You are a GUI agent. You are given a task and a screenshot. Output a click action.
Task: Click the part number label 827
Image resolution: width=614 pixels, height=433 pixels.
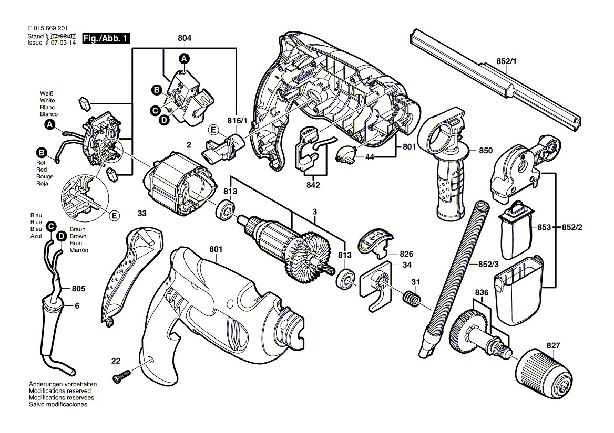pyautogui.click(x=553, y=345)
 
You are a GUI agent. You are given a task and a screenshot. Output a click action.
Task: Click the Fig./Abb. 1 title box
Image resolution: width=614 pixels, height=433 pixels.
pyautogui.click(x=106, y=38)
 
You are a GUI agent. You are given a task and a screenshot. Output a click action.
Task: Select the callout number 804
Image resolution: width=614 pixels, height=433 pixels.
pyautogui.click(x=185, y=38)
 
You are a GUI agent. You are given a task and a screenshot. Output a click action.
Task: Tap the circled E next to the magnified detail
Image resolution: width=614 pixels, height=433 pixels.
pyautogui.click(x=114, y=216)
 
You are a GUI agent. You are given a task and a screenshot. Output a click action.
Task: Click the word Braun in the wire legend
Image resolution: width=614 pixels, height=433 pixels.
pyautogui.click(x=77, y=229)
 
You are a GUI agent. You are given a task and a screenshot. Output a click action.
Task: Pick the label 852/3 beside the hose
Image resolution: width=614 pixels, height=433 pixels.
pyautogui.click(x=488, y=265)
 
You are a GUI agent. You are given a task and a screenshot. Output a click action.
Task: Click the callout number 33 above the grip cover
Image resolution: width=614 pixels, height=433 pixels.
pyautogui.click(x=142, y=214)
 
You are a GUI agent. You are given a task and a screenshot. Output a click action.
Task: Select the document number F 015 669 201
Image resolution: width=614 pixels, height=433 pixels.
pyautogui.click(x=48, y=28)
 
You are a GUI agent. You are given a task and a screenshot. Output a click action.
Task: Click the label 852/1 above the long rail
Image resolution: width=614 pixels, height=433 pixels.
pyautogui.click(x=507, y=61)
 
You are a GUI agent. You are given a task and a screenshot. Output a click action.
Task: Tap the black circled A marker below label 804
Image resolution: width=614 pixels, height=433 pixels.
pyautogui.click(x=185, y=59)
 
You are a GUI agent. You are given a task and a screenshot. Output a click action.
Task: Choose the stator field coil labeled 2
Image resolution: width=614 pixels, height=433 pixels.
pyautogui.click(x=181, y=184)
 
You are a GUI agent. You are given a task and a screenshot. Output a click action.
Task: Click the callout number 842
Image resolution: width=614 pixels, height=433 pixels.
pyautogui.click(x=313, y=185)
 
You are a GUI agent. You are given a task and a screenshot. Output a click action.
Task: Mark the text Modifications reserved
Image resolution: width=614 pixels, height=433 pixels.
pyautogui.click(x=60, y=391)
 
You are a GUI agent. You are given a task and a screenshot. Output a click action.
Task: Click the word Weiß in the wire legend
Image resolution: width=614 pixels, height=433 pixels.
pyautogui.click(x=47, y=94)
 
